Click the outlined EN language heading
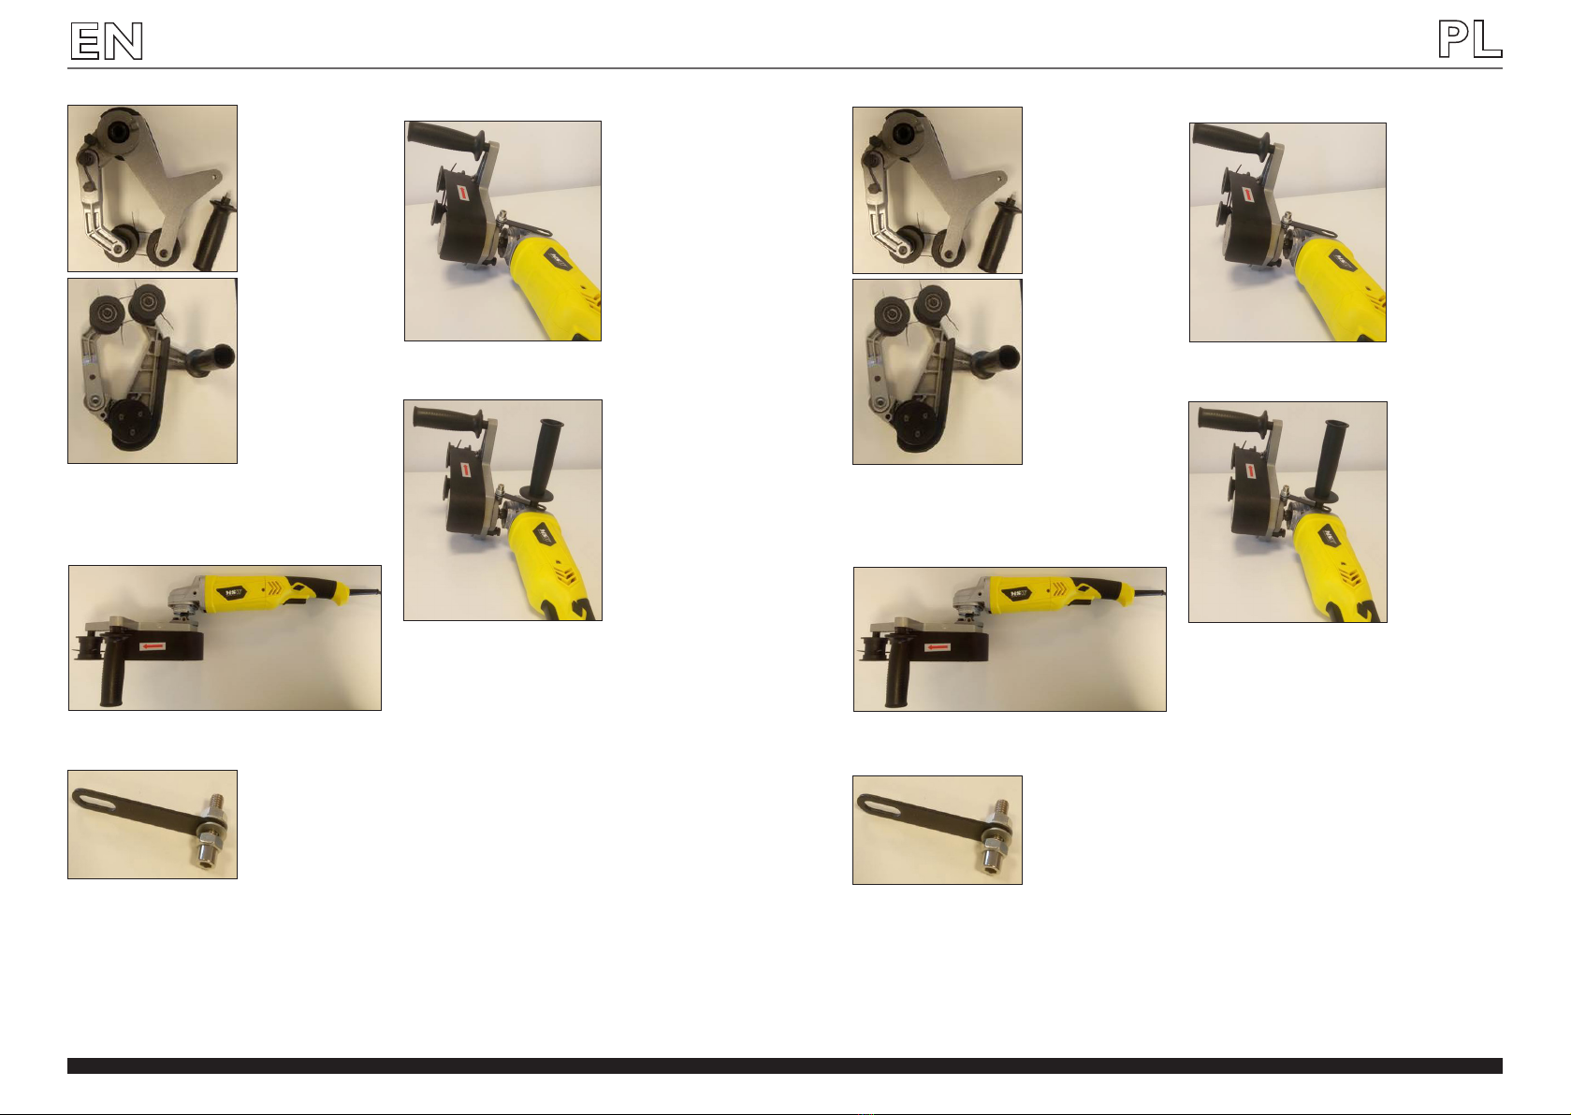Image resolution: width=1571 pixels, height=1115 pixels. click(x=107, y=40)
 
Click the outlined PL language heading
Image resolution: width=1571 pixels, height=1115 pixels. click(x=1469, y=38)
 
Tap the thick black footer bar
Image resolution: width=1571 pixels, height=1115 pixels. click(x=785, y=1066)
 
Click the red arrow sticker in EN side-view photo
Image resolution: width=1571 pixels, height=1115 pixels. click(x=152, y=645)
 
